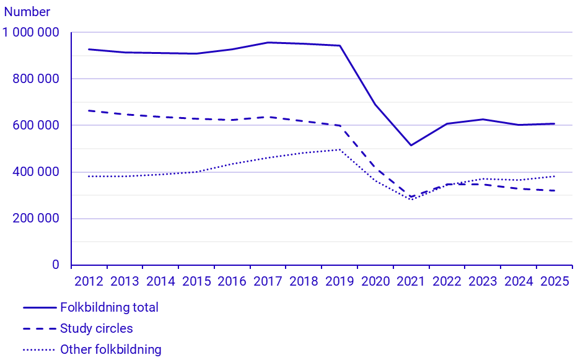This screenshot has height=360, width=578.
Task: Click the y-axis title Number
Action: click(x=27, y=12)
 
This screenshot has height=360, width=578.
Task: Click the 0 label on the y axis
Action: click(x=56, y=265)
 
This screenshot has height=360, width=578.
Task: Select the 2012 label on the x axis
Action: click(x=89, y=281)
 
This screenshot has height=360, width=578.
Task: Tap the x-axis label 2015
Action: click(x=196, y=281)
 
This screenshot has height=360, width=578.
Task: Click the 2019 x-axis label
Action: click(x=339, y=281)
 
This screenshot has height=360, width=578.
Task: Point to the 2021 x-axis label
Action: click(x=411, y=281)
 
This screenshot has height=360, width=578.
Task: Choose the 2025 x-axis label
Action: click(x=554, y=281)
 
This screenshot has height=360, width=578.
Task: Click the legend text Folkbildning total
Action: click(x=109, y=307)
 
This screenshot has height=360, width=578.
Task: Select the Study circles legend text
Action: click(x=96, y=328)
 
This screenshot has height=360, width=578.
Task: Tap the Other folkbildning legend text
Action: click(x=110, y=349)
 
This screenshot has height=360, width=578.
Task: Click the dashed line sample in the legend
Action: click(x=38, y=328)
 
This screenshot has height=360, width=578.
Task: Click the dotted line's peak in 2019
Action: click(x=339, y=149)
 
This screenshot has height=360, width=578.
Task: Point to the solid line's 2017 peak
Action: click(x=268, y=42)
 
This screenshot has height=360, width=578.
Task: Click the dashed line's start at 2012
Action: click(x=89, y=110)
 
